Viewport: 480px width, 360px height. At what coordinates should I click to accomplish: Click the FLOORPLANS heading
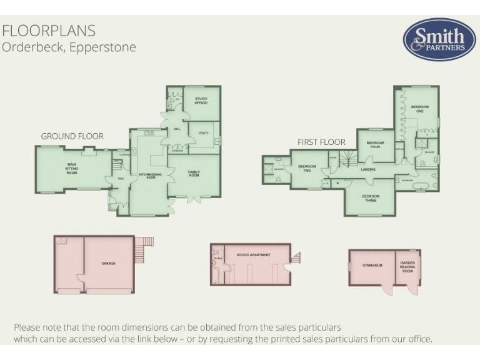tap(49, 31)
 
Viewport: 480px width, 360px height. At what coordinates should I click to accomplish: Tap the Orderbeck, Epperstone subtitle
tap(69, 47)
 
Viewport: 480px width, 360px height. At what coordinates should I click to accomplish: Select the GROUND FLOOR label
tap(72, 136)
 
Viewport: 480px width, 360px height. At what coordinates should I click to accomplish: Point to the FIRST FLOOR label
tap(321, 142)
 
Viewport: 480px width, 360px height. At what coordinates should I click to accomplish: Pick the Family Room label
tap(194, 174)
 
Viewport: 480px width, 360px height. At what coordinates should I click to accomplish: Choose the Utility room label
tap(203, 133)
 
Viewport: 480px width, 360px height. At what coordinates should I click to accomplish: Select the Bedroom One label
tap(420, 107)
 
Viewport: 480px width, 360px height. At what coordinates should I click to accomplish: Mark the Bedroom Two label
tap(307, 168)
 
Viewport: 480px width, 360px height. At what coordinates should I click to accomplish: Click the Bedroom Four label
tap(375, 145)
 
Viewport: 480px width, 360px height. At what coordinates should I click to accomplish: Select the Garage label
tap(108, 263)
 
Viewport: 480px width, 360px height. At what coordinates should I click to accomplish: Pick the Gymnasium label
tap(372, 265)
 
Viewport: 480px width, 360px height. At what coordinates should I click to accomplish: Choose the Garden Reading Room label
tap(407, 266)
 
